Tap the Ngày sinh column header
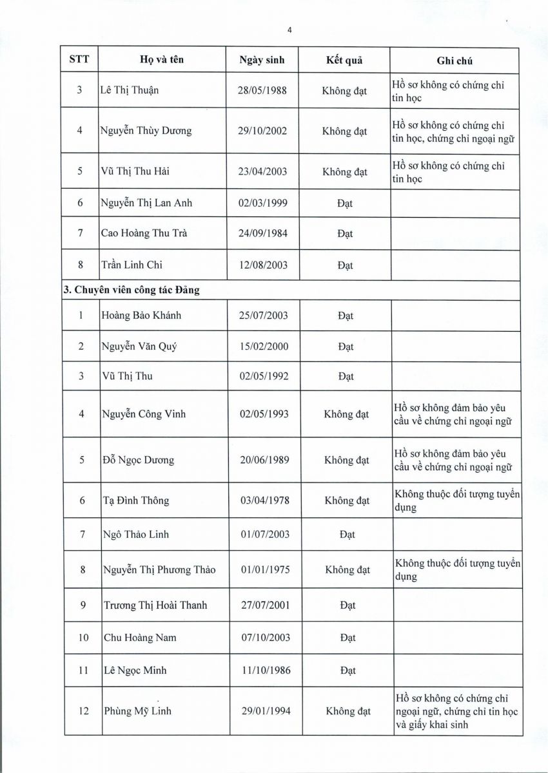(261, 60)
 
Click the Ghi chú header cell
(455, 60)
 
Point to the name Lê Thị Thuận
(130, 90)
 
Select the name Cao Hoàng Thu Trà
(144, 234)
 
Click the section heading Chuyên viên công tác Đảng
(137, 290)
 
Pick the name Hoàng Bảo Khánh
(141, 316)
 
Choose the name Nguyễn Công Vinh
(144, 414)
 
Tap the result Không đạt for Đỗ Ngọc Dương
(346, 460)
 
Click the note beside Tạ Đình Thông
(457, 501)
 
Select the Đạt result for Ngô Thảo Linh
(346, 534)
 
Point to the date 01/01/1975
(264, 569)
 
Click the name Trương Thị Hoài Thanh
(155, 605)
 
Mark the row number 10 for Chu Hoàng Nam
(83, 638)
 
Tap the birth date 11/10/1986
(265, 670)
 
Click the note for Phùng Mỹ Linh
(456, 711)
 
